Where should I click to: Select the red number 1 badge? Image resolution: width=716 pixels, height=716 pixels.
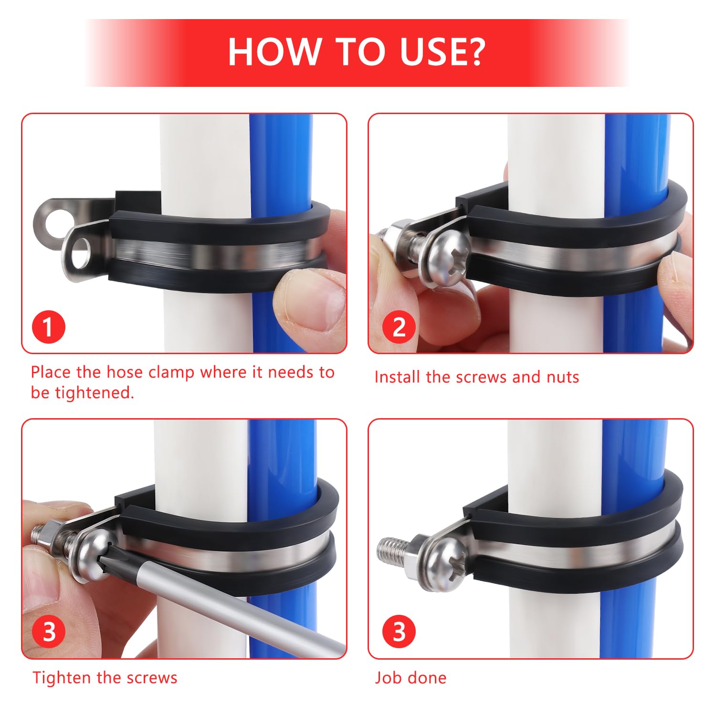pyautogui.click(x=48, y=327)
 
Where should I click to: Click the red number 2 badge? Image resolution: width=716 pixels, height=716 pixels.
pyautogui.click(x=399, y=327)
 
